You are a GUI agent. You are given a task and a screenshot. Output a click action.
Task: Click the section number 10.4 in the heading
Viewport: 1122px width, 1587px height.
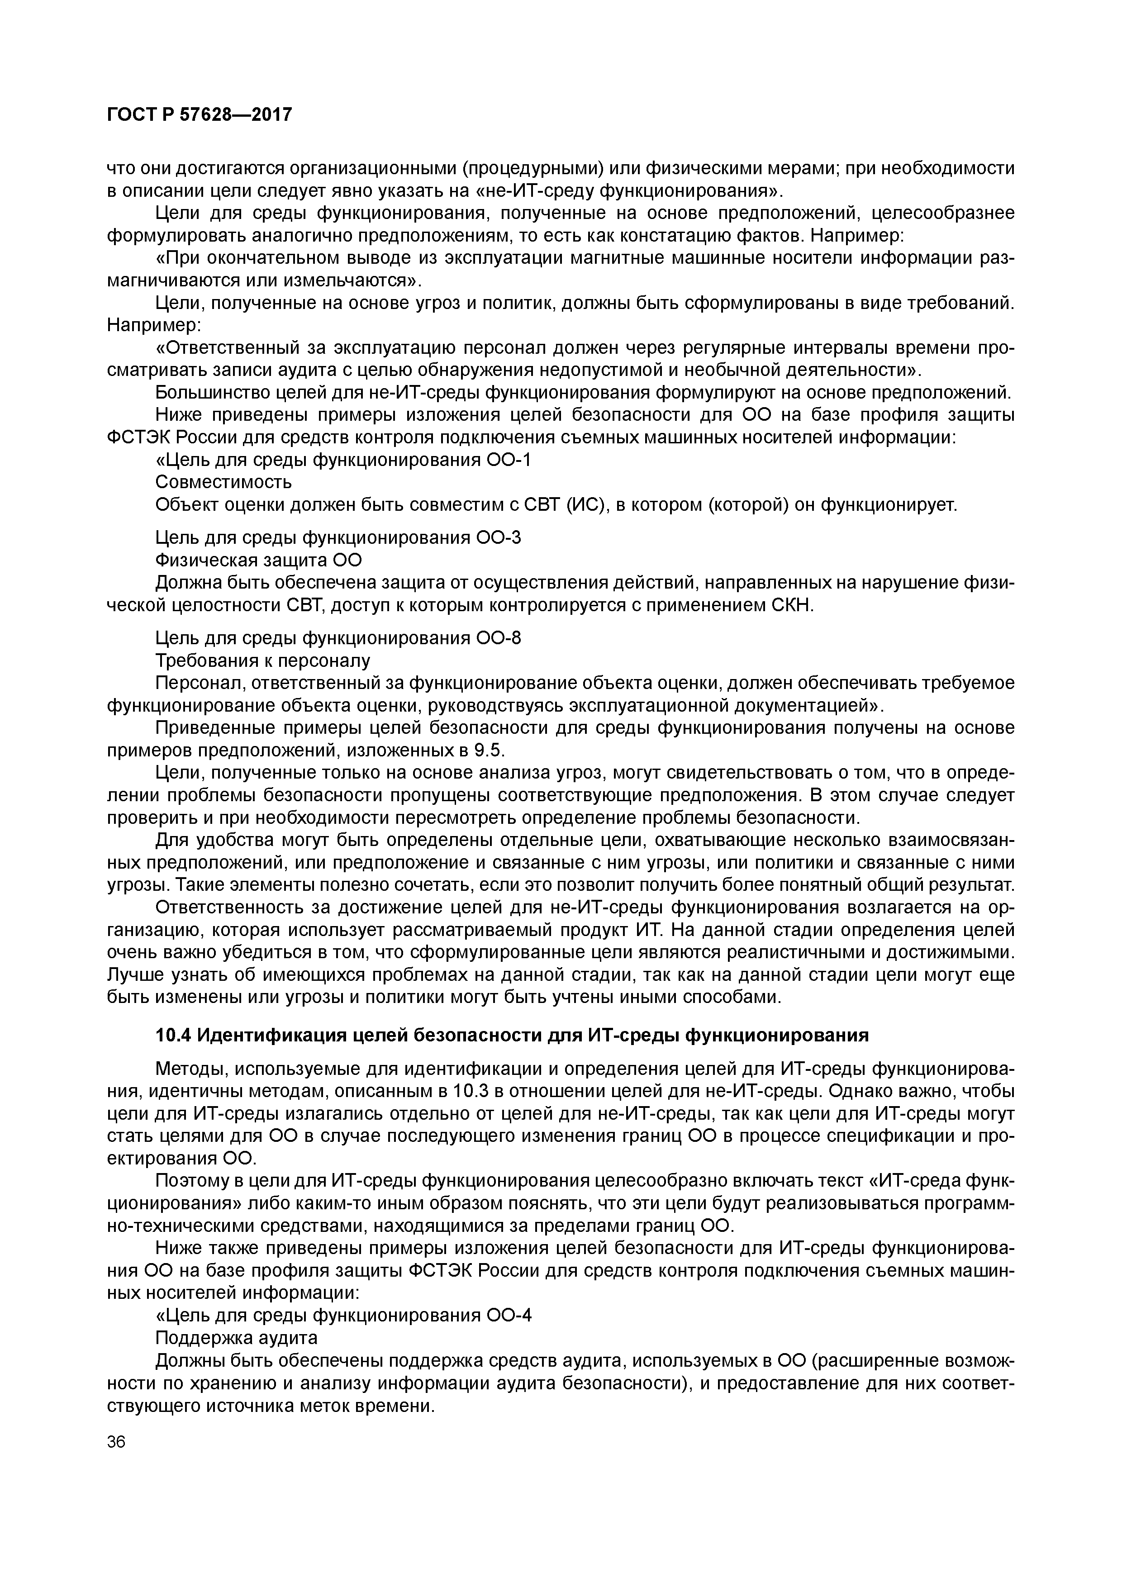(173, 1035)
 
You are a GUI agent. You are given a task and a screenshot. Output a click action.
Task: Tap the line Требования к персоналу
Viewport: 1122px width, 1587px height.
(263, 660)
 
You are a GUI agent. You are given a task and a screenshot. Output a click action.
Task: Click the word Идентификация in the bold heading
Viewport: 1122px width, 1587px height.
(263, 1035)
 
